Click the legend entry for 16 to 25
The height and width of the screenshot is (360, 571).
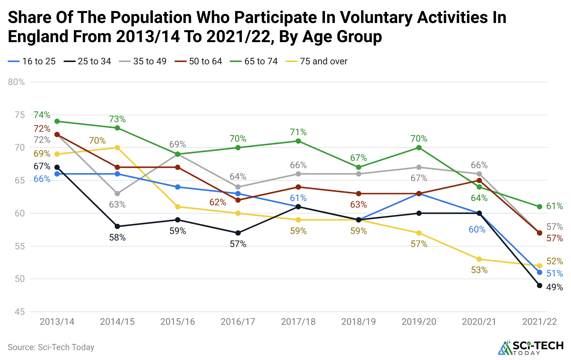tap(32, 61)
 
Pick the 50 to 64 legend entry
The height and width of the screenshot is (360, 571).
tap(199, 61)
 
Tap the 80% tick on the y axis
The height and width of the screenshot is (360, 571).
tap(16, 82)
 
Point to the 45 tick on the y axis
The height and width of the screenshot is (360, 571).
tap(20, 312)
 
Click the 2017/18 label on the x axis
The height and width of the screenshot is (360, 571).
tap(298, 322)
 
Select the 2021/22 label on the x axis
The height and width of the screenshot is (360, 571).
tap(539, 322)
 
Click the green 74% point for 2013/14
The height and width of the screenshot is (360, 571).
tap(57, 121)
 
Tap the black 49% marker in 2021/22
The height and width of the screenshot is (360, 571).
tap(540, 285)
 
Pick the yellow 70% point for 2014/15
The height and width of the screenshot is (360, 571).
tap(117, 148)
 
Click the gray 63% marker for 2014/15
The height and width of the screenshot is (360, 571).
tap(117, 194)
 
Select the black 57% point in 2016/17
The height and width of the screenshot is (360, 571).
tap(238, 233)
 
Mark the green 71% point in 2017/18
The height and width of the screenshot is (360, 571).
tap(298, 141)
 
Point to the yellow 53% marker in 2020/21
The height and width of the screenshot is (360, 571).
tap(479, 259)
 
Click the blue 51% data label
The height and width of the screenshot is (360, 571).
tap(555, 273)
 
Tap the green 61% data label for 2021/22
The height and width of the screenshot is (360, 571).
tap(555, 206)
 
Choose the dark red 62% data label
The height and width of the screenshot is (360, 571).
tap(218, 202)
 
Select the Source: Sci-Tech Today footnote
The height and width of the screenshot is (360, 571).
tap(51, 347)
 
